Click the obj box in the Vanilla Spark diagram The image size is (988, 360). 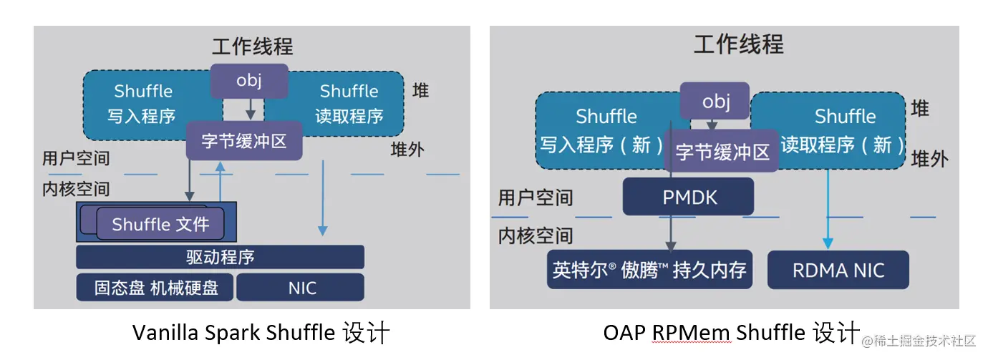249,80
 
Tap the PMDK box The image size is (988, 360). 689,197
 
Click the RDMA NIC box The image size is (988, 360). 838,270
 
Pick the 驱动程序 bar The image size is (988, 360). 220,257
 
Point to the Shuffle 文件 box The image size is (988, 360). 160,225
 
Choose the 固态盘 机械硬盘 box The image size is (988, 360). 155,288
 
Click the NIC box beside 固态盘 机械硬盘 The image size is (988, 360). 301,288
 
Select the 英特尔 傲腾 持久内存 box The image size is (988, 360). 649,270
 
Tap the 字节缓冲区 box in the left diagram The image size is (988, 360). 244,141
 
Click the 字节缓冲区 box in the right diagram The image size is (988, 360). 722,152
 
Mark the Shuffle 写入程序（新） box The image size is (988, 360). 601,130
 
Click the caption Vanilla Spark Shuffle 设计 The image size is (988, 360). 261,333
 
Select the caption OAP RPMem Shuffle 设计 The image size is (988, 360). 730,333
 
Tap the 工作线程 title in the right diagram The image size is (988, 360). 738,44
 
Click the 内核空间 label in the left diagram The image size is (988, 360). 76,189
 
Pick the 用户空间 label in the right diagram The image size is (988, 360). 536,198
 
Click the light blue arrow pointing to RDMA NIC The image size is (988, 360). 828,215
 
